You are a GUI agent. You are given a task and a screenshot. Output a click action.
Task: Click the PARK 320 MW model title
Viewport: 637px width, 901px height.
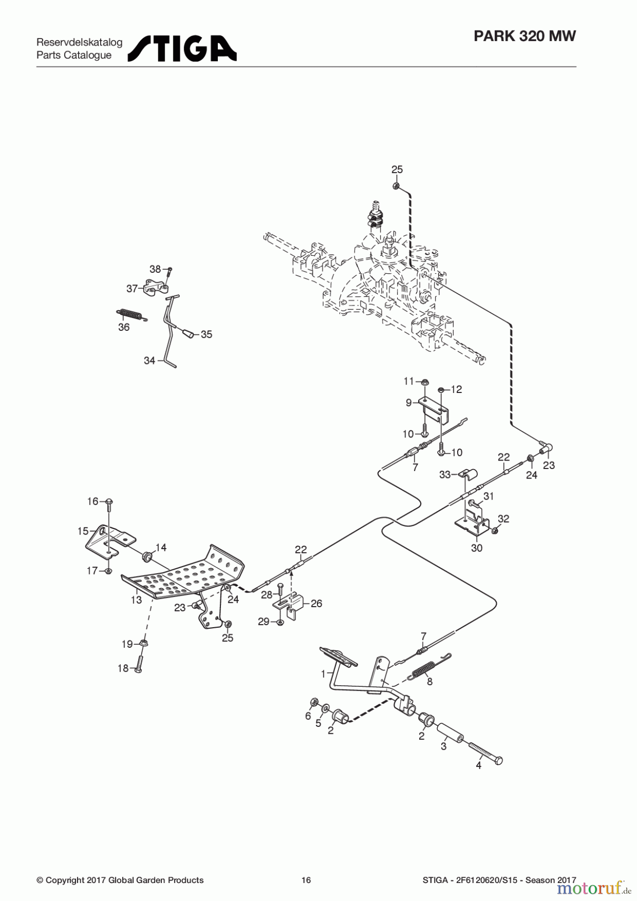525,36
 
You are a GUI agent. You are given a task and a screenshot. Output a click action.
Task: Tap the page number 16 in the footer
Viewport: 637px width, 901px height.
306,880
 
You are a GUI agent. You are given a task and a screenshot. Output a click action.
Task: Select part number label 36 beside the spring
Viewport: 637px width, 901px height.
124,327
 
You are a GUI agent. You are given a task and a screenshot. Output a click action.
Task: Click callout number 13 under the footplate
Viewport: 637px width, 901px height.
136,600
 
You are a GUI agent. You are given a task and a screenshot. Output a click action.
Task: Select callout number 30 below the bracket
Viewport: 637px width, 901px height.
477,548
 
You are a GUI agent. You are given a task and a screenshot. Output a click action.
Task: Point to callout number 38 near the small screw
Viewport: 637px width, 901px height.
155,269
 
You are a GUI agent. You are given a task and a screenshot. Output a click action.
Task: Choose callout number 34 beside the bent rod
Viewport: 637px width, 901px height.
149,360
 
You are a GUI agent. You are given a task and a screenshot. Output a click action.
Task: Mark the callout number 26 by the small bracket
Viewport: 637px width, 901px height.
316,604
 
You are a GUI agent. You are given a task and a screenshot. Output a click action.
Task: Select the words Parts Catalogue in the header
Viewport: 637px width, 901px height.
74,55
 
